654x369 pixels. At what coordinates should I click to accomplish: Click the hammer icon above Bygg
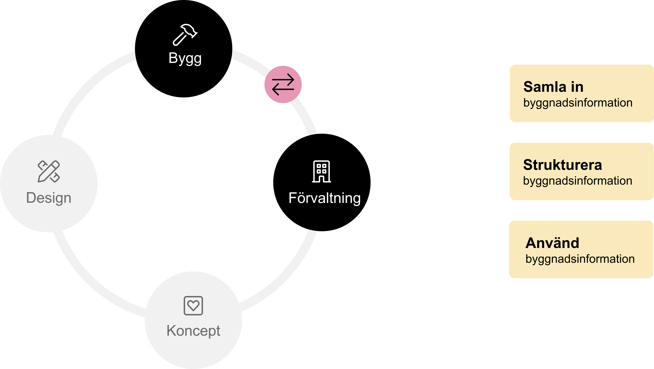coord(185,35)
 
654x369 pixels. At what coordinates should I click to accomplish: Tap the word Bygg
coord(185,58)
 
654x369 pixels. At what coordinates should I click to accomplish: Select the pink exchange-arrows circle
coord(283,84)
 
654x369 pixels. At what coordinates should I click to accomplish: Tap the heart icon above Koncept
coord(193,305)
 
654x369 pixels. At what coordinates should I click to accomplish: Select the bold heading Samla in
coord(553,87)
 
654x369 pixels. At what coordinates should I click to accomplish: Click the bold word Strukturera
coord(562,165)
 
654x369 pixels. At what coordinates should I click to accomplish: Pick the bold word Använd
coord(552,243)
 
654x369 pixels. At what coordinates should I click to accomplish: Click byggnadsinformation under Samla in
coord(578,103)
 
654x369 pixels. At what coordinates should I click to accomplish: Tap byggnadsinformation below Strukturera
coord(578,181)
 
